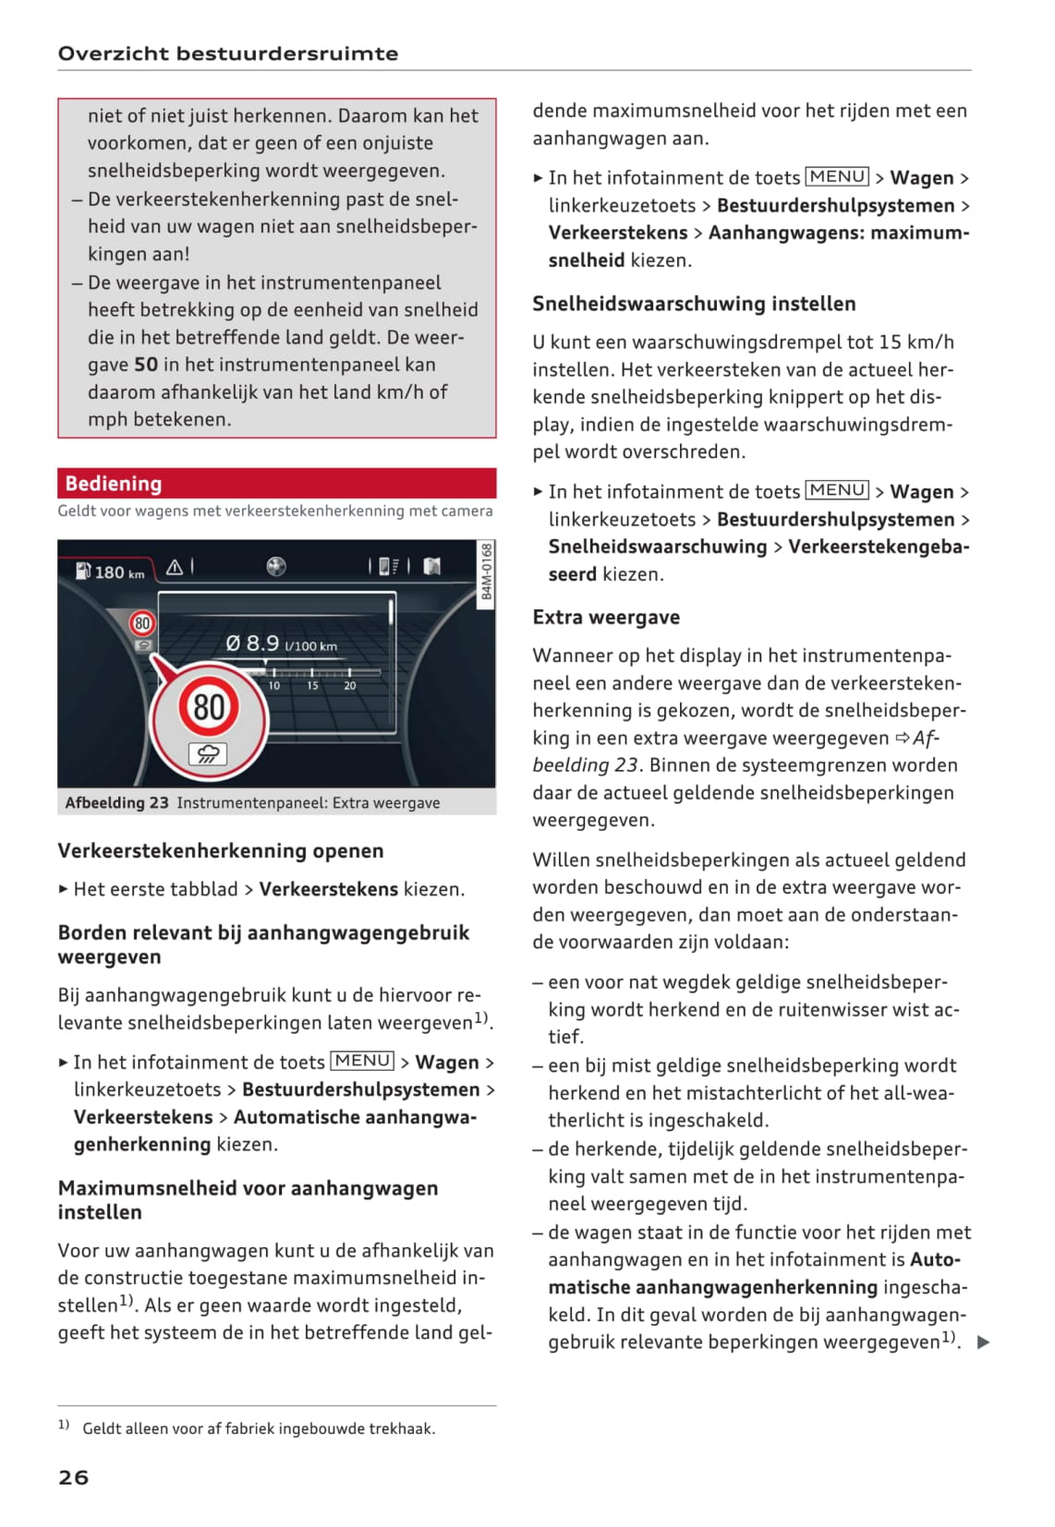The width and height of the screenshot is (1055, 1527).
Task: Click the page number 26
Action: click(x=73, y=1477)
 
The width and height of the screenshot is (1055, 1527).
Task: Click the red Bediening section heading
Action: click(x=114, y=484)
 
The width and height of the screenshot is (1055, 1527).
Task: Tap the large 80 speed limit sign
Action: click(x=209, y=707)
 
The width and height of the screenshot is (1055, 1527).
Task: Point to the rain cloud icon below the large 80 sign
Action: click(x=208, y=754)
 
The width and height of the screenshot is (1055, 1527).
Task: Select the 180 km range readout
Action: click(x=112, y=572)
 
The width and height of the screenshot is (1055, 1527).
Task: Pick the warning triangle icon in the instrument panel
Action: click(x=174, y=568)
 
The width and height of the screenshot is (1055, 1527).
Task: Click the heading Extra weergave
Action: click(x=606, y=618)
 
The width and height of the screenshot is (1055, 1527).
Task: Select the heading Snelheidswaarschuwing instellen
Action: click(x=694, y=304)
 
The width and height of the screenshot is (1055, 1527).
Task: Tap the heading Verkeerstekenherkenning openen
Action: click(x=220, y=851)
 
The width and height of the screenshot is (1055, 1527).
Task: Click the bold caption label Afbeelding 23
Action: click(x=116, y=803)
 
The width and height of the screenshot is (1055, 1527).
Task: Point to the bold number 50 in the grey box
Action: click(x=146, y=365)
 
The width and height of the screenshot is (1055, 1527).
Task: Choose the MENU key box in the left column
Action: click(x=362, y=1062)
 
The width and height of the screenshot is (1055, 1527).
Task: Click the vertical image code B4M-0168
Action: click(x=487, y=571)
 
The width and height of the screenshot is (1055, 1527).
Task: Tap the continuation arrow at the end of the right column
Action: click(x=983, y=1342)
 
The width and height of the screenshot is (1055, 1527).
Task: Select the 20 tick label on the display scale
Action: click(x=350, y=686)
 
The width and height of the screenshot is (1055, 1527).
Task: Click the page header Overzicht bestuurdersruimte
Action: click(x=228, y=54)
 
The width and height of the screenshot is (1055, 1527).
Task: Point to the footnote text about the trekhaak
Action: click(x=259, y=1429)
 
